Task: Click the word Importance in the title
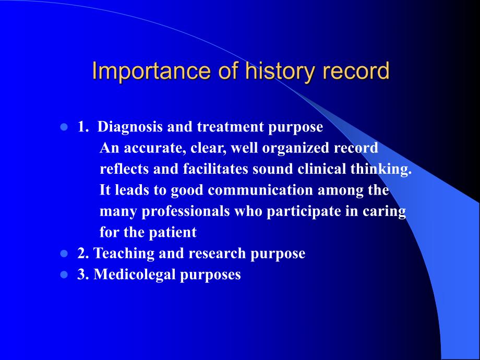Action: point(151,71)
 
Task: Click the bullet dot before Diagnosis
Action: point(64,127)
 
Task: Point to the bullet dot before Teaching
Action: point(64,254)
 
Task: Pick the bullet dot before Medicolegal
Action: point(64,274)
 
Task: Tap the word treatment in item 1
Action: point(230,127)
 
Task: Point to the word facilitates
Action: point(215,169)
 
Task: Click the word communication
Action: point(260,190)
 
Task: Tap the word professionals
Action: point(186,211)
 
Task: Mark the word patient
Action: point(173,233)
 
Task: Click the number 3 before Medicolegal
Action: point(81,274)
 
